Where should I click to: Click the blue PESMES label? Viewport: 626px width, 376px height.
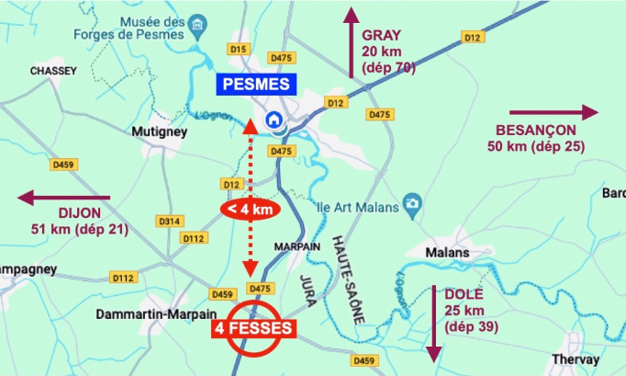click(x=257, y=85)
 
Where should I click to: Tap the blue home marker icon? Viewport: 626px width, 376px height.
click(x=273, y=120)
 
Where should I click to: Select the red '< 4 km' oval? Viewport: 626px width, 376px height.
click(x=249, y=209)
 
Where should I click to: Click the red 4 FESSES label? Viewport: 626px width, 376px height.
click(x=252, y=327)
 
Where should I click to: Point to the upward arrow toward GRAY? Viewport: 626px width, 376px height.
click(x=351, y=42)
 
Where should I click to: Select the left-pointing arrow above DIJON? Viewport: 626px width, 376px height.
click(x=64, y=197)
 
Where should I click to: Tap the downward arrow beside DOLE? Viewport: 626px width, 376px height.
click(x=432, y=323)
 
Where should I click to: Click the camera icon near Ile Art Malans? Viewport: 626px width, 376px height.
click(x=414, y=201)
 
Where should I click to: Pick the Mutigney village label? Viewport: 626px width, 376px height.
click(x=160, y=132)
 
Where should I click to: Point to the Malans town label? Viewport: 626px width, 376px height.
click(x=448, y=253)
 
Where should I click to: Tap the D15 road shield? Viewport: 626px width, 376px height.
click(x=239, y=49)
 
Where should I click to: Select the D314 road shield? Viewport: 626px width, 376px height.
click(x=169, y=221)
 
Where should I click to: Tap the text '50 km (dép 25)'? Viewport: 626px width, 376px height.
click(x=535, y=146)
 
